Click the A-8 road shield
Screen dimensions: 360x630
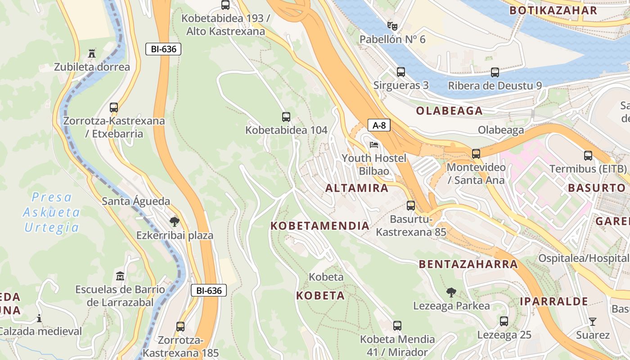pyautogui.click(x=379, y=125)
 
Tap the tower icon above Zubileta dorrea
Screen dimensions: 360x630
pyautogui.click(x=92, y=54)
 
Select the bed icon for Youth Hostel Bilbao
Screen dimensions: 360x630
pyautogui.click(x=373, y=145)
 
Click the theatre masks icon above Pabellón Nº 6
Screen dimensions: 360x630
pyautogui.click(x=392, y=26)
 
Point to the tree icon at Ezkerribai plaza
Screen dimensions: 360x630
pyautogui.click(x=174, y=221)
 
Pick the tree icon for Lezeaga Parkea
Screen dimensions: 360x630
pyautogui.click(x=451, y=292)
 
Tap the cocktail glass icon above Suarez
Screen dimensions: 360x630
pyautogui.click(x=593, y=321)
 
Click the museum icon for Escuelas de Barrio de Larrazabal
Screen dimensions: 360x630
pyautogui.click(x=120, y=275)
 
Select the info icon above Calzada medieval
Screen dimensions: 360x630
pyautogui.click(x=39, y=318)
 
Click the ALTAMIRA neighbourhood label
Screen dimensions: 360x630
pyautogui.click(x=357, y=188)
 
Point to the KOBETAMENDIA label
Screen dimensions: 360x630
pyautogui.click(x=320, y=226)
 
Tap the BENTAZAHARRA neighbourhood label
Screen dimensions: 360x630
pyautogui.click(x=468, y=264)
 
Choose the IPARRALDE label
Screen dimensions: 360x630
pyautogui.click(x=554, y=301)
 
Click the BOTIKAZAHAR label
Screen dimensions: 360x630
pyautogui.click(x=553, y=10)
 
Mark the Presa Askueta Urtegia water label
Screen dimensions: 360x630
pyautogui.click(x=52, y=212)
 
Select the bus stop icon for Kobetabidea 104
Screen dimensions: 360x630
pyautogui.click(x=286, y=117)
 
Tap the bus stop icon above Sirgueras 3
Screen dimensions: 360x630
pyautogui.click(x=401, y=72)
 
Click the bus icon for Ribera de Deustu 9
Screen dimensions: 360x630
pyautogui.click(x=495, y=72)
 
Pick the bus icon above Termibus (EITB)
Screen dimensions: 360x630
pyautogui.click(x=588, y=156)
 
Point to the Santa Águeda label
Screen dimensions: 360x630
pyautogui.click(x=136, y=201)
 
